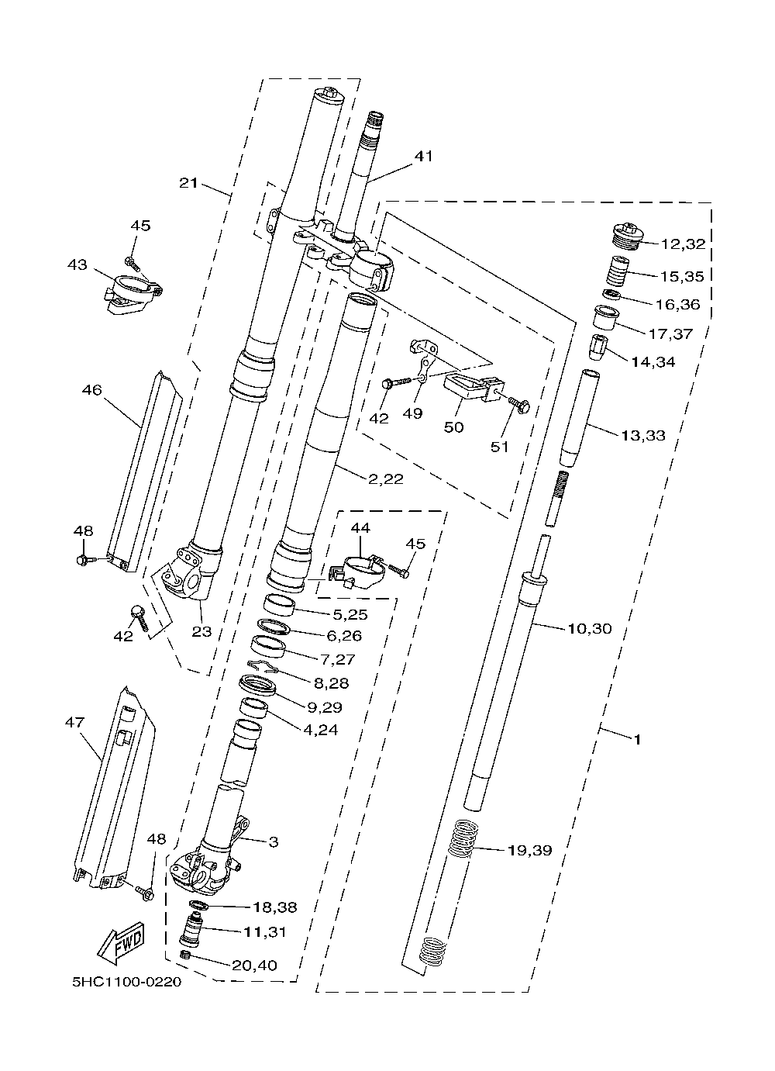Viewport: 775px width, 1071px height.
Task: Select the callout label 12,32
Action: (683, 244)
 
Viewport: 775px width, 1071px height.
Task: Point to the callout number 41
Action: (423, 156)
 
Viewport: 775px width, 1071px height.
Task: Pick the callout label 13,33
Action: (642, 435)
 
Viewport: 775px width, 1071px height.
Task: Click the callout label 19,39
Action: (529, 851)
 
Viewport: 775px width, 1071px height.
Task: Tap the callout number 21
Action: (189, 183)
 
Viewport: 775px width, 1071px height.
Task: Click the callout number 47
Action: (74, 722)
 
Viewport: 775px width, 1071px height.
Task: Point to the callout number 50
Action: (454, 427)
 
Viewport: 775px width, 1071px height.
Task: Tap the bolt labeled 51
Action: (518, 403)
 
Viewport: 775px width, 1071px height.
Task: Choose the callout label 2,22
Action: (385, 479)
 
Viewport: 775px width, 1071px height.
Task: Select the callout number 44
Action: (360, 527)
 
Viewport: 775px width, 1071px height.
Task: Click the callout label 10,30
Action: (589, 628)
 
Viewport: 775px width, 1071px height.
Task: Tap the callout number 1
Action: (636, 740)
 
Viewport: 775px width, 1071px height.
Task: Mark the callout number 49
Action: (413, 413)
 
